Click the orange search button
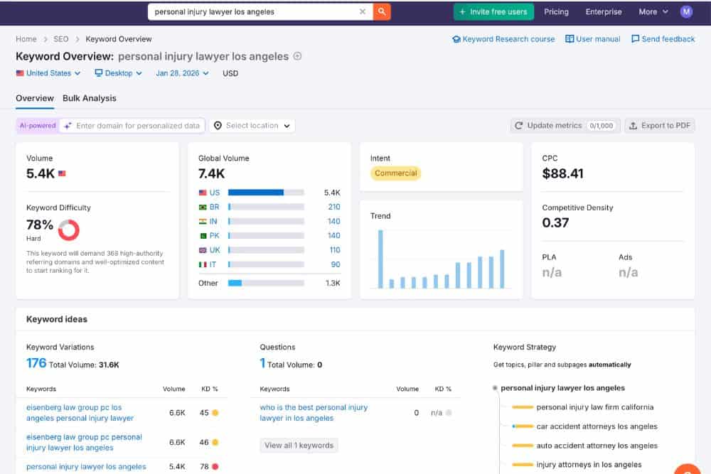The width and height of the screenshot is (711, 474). tap(382, 11)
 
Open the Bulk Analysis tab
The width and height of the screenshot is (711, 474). tap(89, 98)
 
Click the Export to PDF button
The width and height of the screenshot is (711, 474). tap(660, 126)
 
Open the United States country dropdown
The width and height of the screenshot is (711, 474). tap(48, 73)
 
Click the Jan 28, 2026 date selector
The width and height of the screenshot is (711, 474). tap(182, 73)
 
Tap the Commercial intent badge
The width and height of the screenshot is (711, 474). tap(396, 173)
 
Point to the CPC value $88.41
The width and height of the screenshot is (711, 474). tap(562, 173)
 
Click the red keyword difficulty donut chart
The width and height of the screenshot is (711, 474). tap(69, 230)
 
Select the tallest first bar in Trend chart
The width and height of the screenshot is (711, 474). tap(380, 259)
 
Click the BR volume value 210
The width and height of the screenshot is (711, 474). tap(333, 207)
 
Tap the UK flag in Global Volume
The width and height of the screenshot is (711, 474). tap(203, 250)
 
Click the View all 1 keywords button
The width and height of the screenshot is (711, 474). tap(299, 446)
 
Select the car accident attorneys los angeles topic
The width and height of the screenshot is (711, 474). tap(597, 426)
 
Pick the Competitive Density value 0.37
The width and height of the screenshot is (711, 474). tap(555, 222)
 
